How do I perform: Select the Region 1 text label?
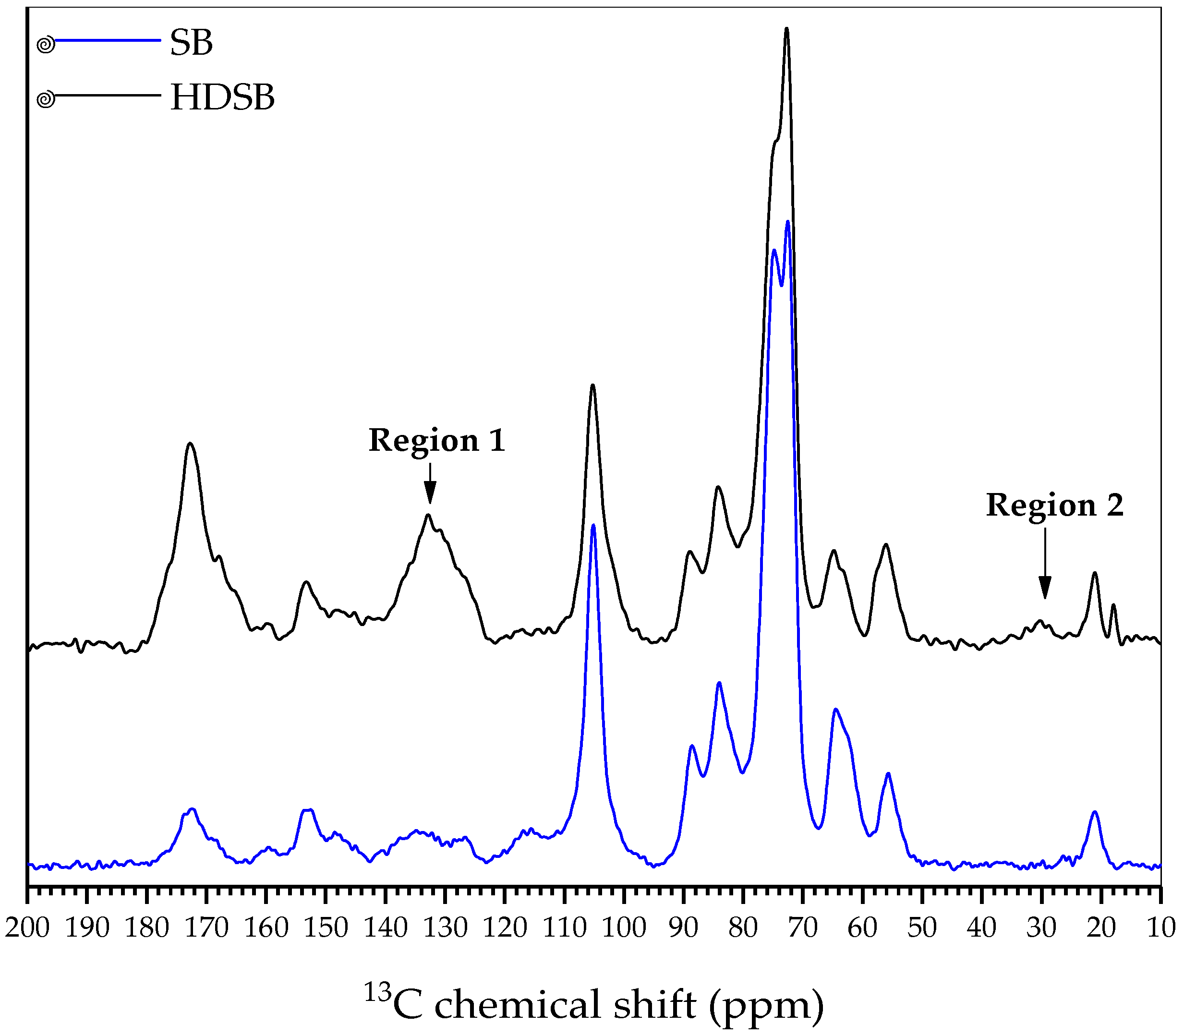coord(437,441)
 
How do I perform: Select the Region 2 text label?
coord(1054,506)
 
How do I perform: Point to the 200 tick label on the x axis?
coord(27,928)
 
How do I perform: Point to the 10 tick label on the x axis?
coord(1161,928)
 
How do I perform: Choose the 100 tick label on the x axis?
coord(624,928)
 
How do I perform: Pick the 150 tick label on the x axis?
coord(326,928)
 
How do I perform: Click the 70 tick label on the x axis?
coord(803,928)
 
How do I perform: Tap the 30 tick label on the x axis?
coord(1042,928)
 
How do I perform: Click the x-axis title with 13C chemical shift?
coord(594,1005)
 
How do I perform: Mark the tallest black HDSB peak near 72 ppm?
coord(786,29)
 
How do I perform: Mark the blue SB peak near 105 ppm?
coord(593,526)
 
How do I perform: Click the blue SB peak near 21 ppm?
coord(1094,812)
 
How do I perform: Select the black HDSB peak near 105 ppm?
coord(592,385)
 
